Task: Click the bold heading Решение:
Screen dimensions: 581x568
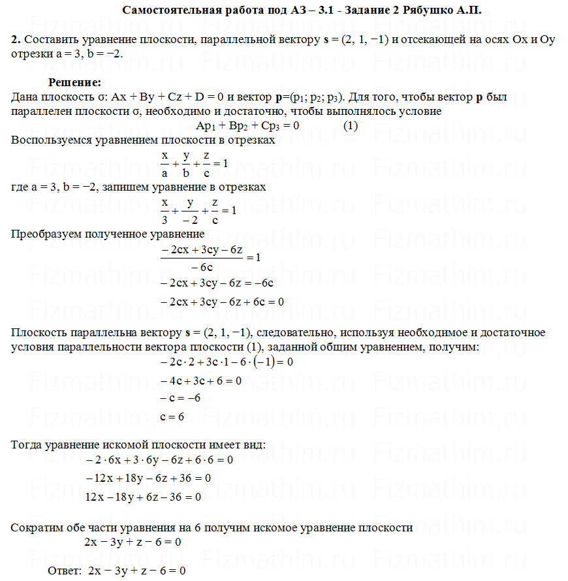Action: tap(74, 83)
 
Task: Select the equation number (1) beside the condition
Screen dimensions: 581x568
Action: tap(351, 126)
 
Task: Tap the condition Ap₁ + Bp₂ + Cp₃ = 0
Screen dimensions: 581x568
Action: tap(247, 126)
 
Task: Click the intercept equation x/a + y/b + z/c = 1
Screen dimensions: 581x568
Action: tap(194, 164)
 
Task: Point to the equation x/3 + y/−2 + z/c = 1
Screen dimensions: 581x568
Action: tap(198, 211)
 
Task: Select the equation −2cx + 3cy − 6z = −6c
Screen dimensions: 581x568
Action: tap(216, 284)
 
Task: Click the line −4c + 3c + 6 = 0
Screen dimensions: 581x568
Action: tap(200, 380)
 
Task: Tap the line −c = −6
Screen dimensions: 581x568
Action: tap(180, 398)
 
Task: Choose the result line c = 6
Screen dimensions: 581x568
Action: tap(172, 416)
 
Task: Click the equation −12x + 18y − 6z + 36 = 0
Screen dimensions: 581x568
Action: tap(148, 479)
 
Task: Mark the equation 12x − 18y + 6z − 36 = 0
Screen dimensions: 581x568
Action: tap(143, 497)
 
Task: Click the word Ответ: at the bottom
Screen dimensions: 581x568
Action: tap(64, 571)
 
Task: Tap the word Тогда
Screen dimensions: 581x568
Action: tap(26, 445)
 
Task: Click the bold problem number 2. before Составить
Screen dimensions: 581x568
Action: tap(16, 39)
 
